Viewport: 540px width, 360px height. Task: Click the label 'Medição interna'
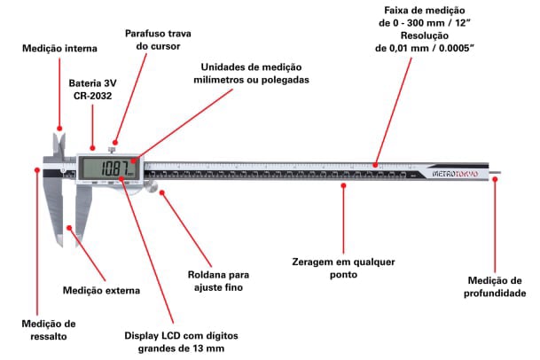[x=60, y=48]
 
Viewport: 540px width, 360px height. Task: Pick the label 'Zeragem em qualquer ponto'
[x=343, y=268]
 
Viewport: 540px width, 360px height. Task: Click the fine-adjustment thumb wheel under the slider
[x=152, y=186]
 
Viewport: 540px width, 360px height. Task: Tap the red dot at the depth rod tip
[x=497, y=177]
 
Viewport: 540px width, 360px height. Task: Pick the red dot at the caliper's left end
[x=38, y=171]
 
